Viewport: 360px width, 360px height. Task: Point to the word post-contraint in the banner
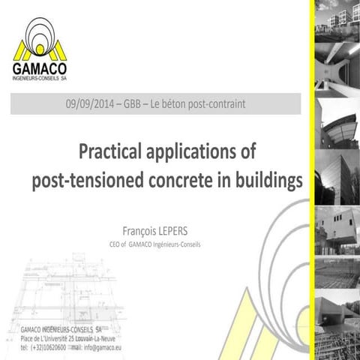tap(220, 103)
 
